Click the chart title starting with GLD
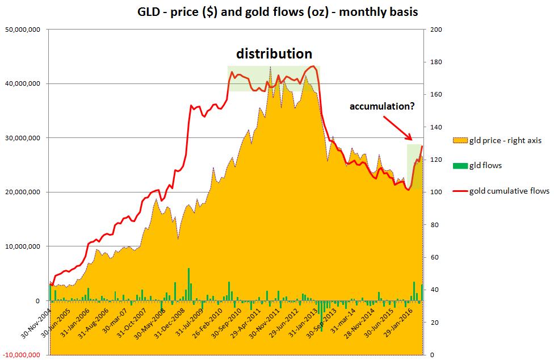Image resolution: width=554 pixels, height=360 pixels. (x=278, y=11)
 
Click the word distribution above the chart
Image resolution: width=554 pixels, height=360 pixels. (x=274, y=54)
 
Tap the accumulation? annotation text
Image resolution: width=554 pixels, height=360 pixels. (x=382, y=106)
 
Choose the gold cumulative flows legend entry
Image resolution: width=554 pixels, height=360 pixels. (x=501, y=191)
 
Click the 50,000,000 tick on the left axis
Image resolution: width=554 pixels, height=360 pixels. (x=22, y=30)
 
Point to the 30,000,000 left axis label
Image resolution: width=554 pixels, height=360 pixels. (x=22, y=138)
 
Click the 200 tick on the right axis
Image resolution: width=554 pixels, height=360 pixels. (x=435, y=30)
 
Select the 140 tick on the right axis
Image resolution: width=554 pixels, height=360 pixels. (x=435, y=127)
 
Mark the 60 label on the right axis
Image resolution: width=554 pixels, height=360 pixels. (x=433, y=257)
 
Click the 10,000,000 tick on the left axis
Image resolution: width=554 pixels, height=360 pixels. (x=22, y=246)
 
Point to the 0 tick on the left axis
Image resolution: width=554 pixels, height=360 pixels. (x=37, y=300)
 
